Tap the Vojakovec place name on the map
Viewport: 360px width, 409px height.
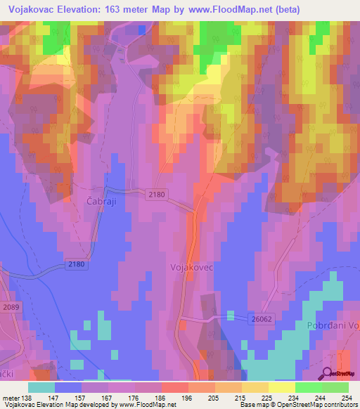click(x=191, y=268)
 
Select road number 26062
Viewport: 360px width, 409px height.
click(x=261, y=319)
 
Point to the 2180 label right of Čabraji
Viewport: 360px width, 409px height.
click(x=157, y=194)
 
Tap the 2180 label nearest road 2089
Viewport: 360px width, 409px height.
click(x=77, y=264)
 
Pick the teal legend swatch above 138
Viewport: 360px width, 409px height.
click(x=41, y=387)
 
